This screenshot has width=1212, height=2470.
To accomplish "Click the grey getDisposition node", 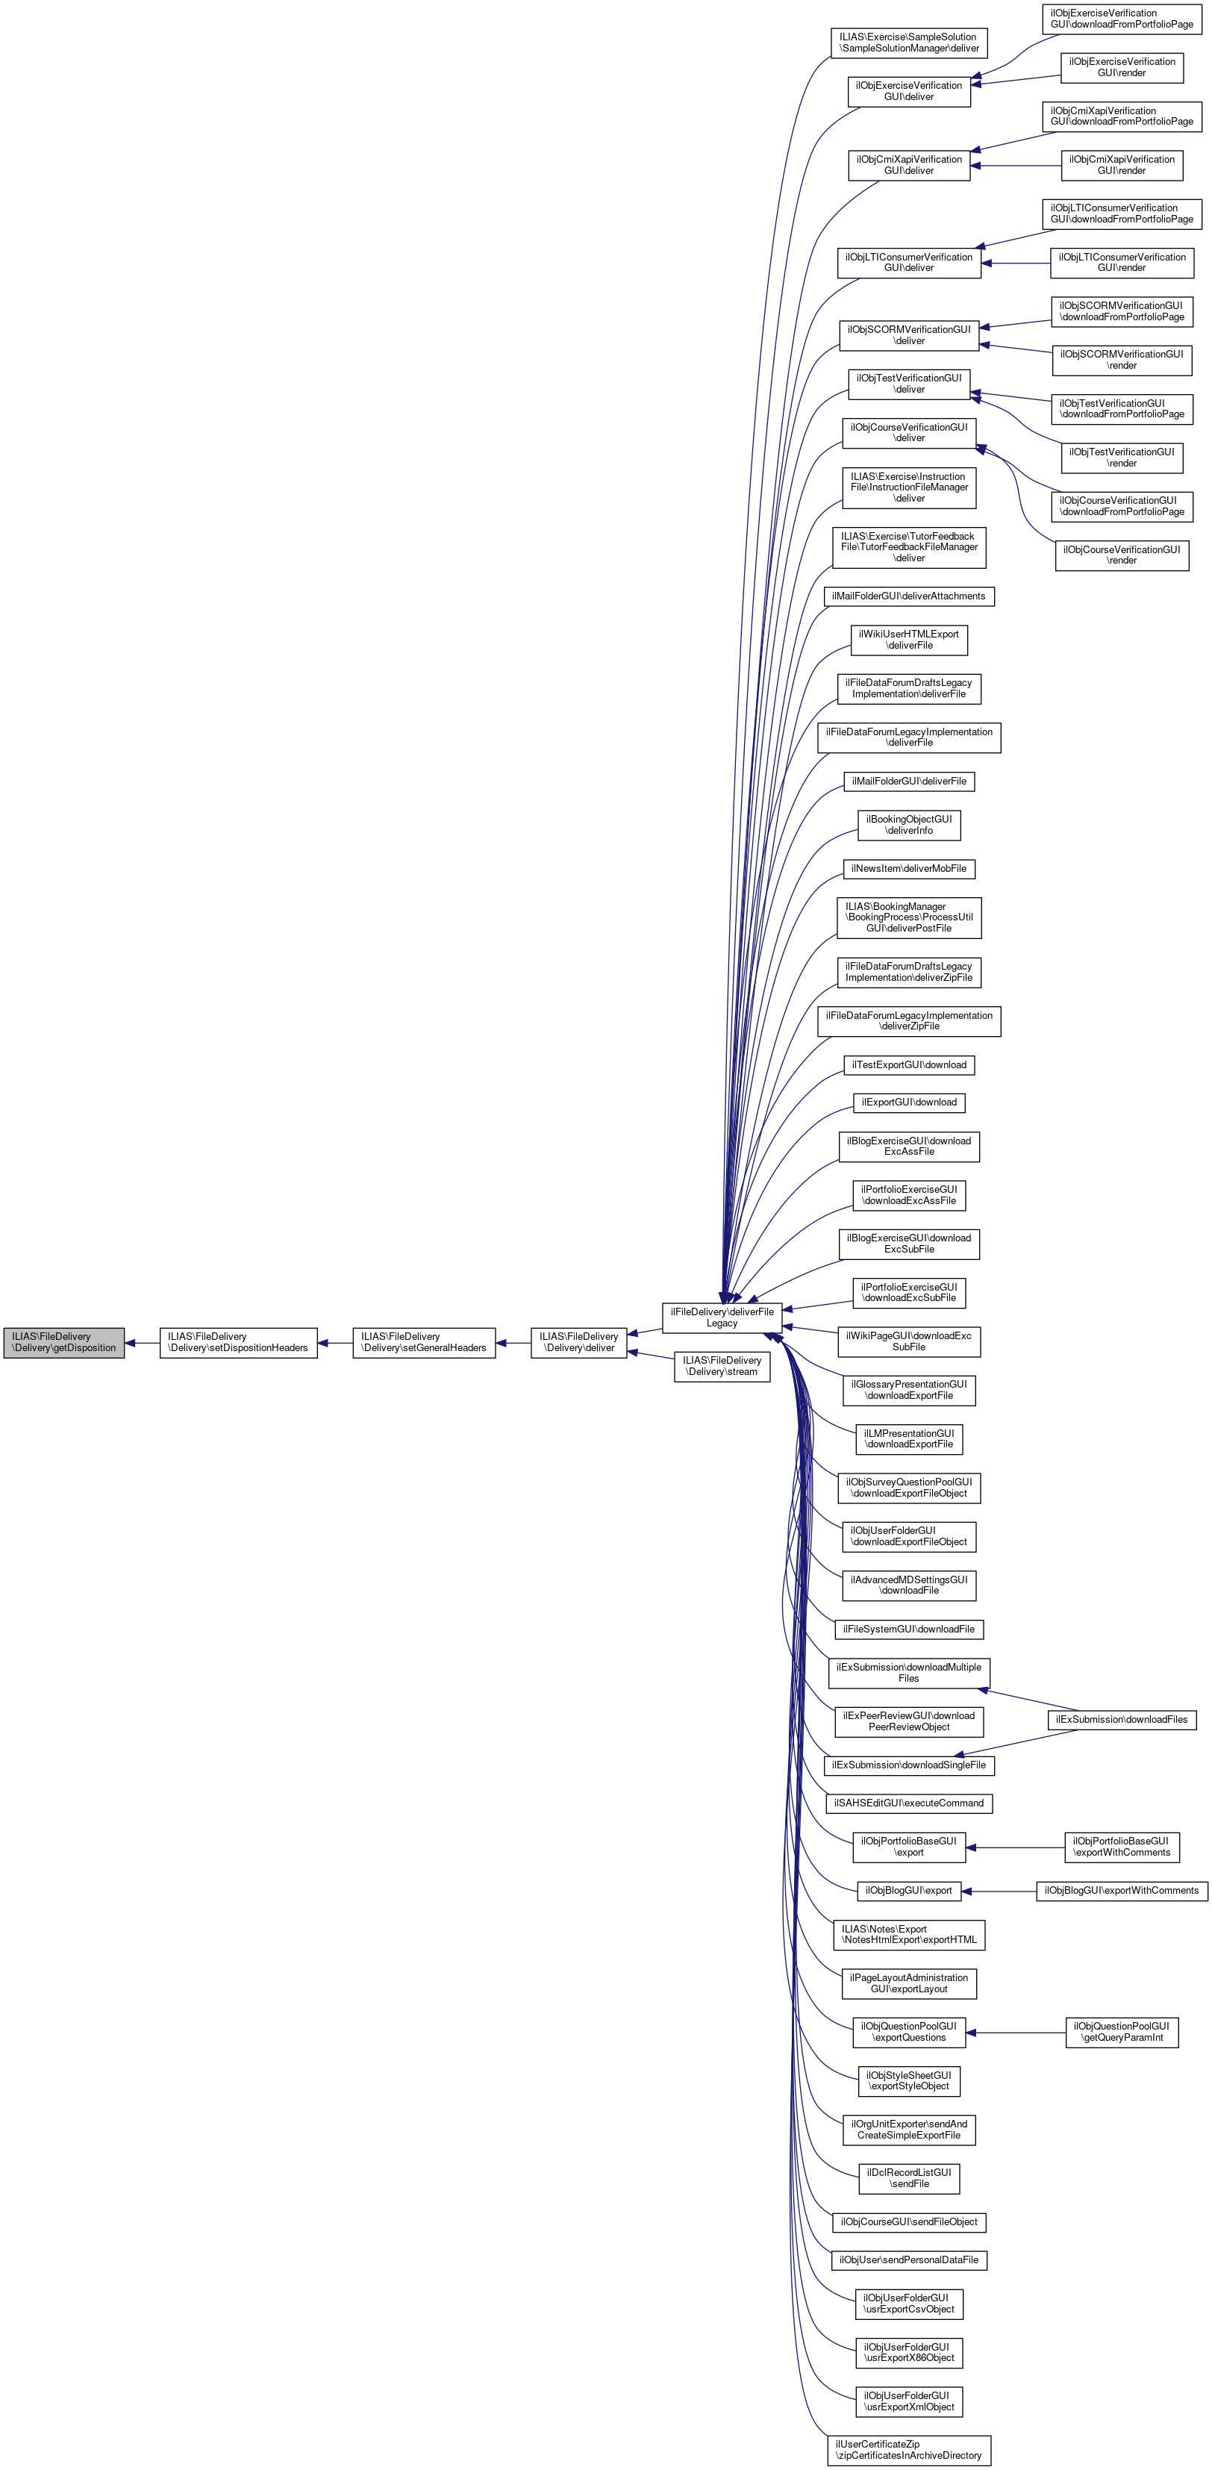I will point(63,1342).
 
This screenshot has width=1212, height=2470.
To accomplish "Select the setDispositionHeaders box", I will point(238,1342).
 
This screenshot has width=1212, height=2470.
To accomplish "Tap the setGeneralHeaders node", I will point(424,1342).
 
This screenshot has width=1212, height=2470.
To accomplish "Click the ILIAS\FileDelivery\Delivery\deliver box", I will point(578,1342).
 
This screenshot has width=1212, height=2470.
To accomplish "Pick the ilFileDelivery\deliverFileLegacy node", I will point(722,1317).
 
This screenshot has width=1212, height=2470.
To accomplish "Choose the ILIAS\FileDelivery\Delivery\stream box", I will point(722,1366).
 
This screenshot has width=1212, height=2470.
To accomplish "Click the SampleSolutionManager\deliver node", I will point(908,43).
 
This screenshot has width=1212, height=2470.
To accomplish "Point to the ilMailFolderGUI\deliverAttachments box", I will point(908,596).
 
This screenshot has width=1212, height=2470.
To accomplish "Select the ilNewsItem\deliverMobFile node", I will point(908,869).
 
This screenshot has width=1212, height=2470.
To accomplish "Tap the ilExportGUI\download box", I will point(908,1103).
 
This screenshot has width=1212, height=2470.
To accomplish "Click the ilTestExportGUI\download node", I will point(908,1065).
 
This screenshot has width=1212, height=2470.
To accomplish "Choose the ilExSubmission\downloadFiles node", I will point(1121,1720).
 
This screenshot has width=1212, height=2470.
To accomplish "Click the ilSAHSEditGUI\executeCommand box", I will point(908,1803).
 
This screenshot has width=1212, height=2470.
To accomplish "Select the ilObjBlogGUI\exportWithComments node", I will point(1121,1891).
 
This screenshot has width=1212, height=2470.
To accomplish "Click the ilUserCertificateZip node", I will point(908,2450).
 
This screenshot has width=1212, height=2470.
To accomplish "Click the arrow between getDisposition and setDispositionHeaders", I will point(142,1342).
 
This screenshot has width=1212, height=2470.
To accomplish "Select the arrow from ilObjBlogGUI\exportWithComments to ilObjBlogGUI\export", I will point(998,1891).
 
